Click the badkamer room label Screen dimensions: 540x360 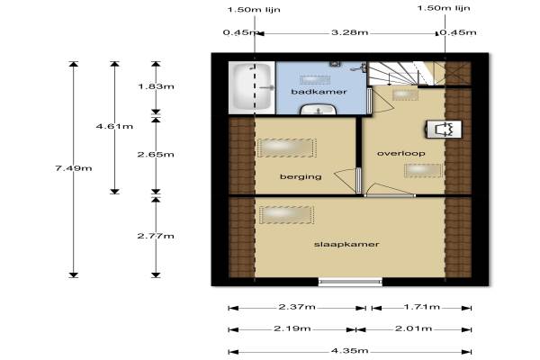click(x=319, y=92)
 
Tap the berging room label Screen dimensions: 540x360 click(x=301, y=177)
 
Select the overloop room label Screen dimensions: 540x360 click(x=400, y=153)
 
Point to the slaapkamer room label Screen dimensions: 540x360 click(x=346, y=244)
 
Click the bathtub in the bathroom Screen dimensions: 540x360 click(x=252, y=87)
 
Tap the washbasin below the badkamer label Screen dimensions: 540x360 click(x=319, y=110)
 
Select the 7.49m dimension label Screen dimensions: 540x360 click(x=74, y=168)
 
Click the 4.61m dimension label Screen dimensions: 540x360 click(x=114, y=126)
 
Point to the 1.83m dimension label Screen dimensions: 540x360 click(x=156, y=86)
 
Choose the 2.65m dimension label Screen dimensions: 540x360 click(x=156, y=155)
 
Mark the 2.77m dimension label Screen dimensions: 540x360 click(x=156, y=236)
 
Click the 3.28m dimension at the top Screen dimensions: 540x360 click(x=349, y=32)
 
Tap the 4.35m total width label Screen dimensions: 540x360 click(x=349, y=351)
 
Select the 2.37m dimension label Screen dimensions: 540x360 click(x=297, y=307)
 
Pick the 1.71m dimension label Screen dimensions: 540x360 click(x=422, y=307)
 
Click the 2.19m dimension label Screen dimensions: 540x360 click(x=292, y=328)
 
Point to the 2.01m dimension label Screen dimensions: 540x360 click(x=413, y=328)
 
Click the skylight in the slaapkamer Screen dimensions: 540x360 click(x=286, y=215)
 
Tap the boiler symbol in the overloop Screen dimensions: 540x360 click(x=444, y=130)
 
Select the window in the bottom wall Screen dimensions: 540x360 click(x=350, y=282)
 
